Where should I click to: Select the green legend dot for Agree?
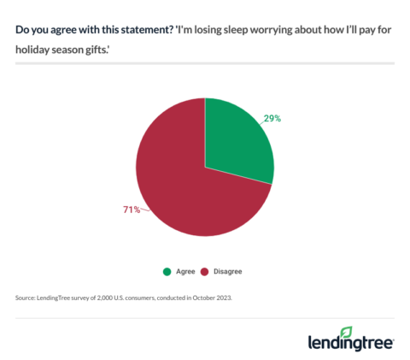pos(167,272)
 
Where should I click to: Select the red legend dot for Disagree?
pos(205,272)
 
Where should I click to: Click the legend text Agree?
pos(184,272)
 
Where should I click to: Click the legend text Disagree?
pos(227,272)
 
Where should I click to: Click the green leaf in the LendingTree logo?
pos(346,332)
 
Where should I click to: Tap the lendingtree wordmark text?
pos(350,343)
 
